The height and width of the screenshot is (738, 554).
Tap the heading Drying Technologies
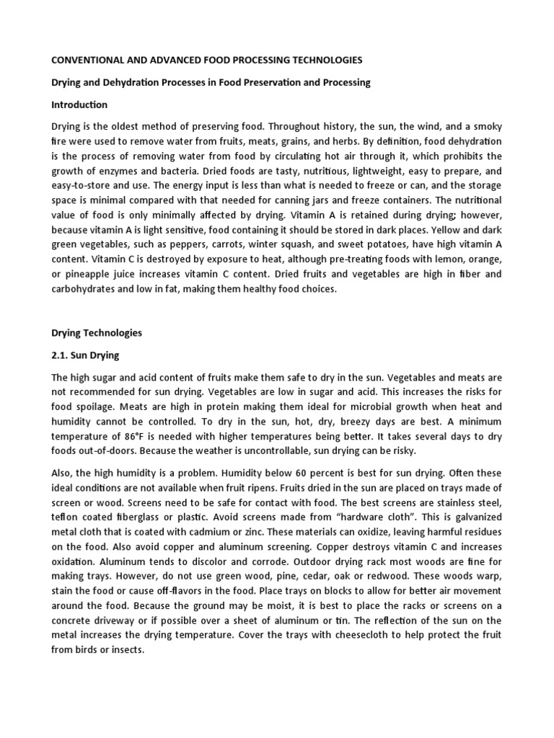97,333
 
